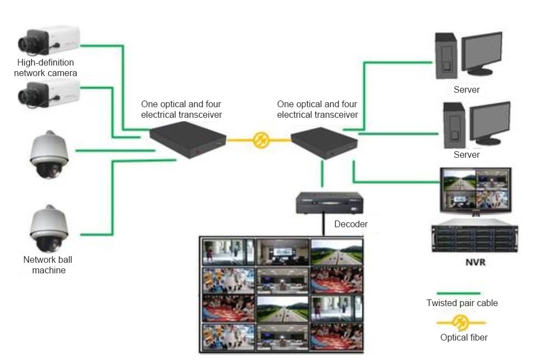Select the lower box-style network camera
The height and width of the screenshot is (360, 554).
point(49,93)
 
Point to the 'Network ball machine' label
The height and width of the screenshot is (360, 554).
point(48,265)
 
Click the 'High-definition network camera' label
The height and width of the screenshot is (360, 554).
point(46,68)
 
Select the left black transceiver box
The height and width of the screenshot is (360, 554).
point(188,139)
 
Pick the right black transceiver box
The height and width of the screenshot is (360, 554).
point(324,143)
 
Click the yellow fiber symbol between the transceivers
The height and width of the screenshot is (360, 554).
point(261,140)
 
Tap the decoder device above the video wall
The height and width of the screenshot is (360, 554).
point(329,203)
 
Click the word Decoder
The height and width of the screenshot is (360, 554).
point(351,224)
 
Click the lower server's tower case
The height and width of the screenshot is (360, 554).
point(455,126)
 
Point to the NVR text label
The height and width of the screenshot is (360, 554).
point(475,262)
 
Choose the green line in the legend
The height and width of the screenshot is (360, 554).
point(459,293)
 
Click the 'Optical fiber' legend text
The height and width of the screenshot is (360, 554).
point(464,337)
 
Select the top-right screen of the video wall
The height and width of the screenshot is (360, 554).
point(337,252)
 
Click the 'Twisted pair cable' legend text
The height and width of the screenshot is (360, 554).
point(462,303)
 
